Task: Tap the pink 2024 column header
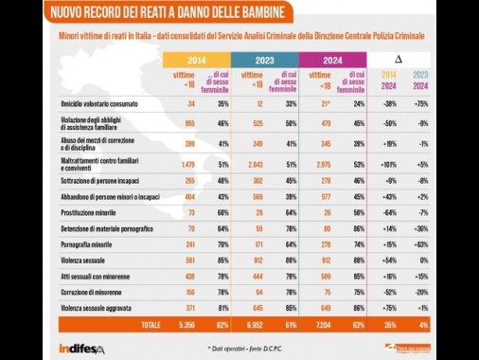(x=332, y=60)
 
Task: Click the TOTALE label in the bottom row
(x=150, y=325)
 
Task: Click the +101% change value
(x=387, y=166)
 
